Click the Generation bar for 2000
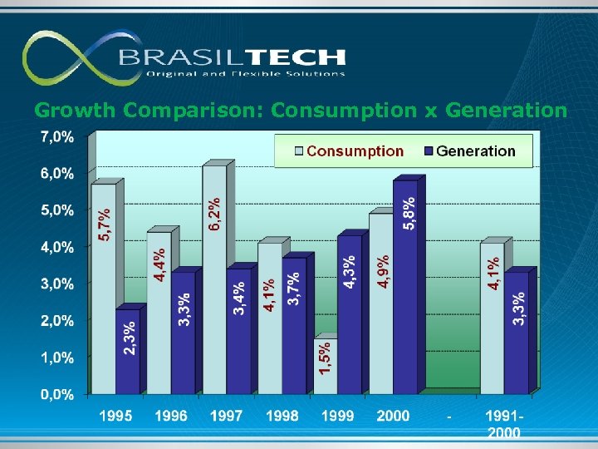pos(405,286)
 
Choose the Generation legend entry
pos(469,151)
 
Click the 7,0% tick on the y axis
pos(56,136)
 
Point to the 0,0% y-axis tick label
pos(56,394)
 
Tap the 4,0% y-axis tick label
pos(56,247)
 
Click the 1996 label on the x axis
pos(171,416)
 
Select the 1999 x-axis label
pos(338,416)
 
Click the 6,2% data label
pos(215,215)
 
